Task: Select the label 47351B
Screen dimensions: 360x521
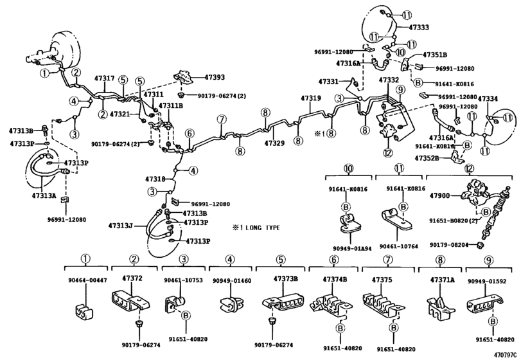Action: click(435, 55)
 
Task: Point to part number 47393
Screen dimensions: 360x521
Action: click(215, 77)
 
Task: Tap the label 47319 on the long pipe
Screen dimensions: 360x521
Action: click(310, 98)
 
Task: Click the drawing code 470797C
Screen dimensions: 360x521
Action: click(506, 354)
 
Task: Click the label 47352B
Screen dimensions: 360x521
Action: click(427, 157)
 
